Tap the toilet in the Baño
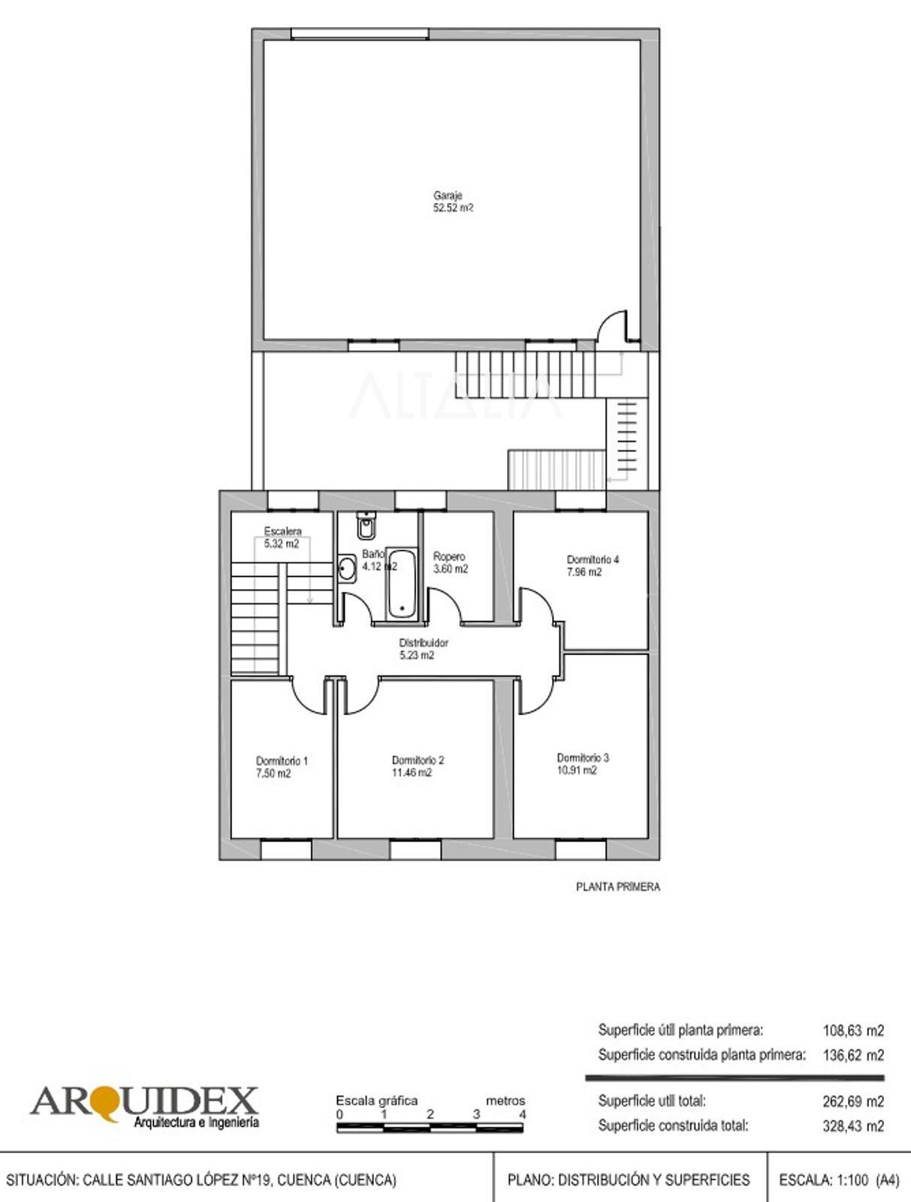(x=366, y=525)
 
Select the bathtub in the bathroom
(x=402, y=584)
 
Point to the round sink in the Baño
(x=346, y=569)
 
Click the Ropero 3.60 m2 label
(x=451, y=563)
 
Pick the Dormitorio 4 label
(x=593, y=559)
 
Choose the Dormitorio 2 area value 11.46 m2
(x=412, y=772)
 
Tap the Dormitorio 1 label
(x=282, y=760)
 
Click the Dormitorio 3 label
(x=583, y=757)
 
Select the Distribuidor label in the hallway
(x=424, y=642)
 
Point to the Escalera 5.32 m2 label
(x=282, y=537)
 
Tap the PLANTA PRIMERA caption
(x=617, y=886)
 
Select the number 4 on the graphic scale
(x=522, y=1114)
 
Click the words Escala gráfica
(x=377, y=1100)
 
